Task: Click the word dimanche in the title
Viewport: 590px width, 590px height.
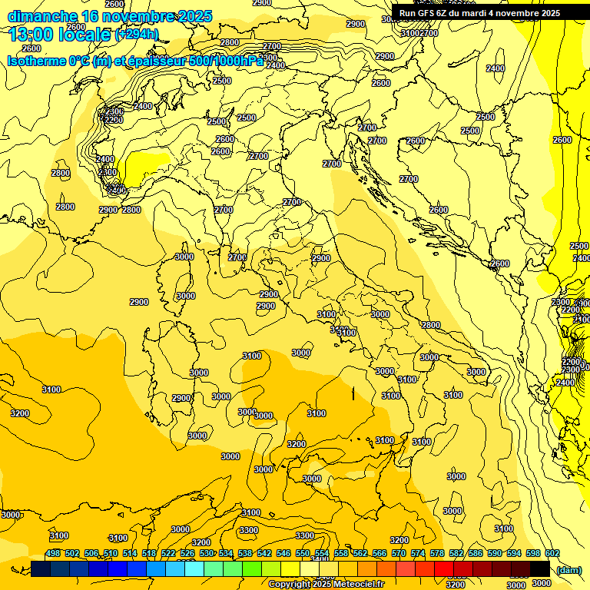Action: pyautogui.click(x=42, y=16)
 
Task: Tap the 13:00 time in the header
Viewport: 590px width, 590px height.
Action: pyautogui.click(x=32, y=34)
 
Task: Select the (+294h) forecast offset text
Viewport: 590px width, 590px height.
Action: pyautogui.click(x=137, y=35)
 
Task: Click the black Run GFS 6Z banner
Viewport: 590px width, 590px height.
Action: pyautogui.click(x=479, y=13)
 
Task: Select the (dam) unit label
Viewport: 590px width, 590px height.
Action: pyautogui.click(x=568, y=569)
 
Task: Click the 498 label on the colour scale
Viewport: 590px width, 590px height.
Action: pyautogui.click(x=53, y=554)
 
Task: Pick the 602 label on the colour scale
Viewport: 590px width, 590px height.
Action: pyautogui.click(x=552, y=554)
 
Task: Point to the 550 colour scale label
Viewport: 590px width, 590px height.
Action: pyautogui.click(x=303, y=554)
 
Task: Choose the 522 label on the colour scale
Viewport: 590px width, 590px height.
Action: pyautogui.click(x=168, y=554)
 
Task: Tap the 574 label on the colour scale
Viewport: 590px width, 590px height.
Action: pyautogui.click(x=418, y=554)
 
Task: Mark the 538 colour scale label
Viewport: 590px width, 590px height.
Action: pyautogui.click(x=245, y=554)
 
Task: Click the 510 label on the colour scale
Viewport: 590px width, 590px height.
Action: pyautogui.click(x=111, y=554)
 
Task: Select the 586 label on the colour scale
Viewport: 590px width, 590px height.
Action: pyautogui.click(x=476, y=554)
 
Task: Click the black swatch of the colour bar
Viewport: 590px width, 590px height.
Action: pyautogui.click(x=540, y=569)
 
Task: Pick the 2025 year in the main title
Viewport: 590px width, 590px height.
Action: pyautogui.click(x=194, y=16)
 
